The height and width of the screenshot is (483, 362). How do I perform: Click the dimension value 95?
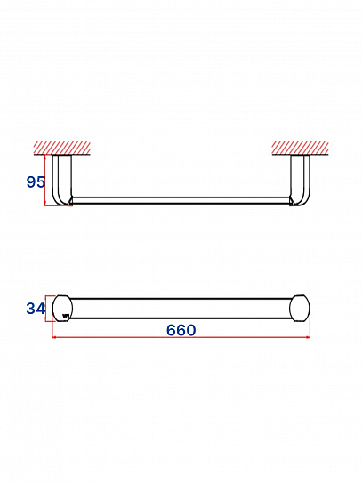pyautogui.click(x=36, y=181)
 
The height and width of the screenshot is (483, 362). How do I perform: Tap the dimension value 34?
pyautogui.click(x=36, y=309)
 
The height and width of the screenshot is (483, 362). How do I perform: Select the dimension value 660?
pyautogui.click(x=181, y=330)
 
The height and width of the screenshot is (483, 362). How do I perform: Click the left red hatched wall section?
pyautogui.click(x=62, y=148)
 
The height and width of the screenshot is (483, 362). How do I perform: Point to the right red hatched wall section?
pyautogui.click(x=301, y=148)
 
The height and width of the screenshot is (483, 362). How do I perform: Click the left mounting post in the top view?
pyautogui.click(x=61, y=180)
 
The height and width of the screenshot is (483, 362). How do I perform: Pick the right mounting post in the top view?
pyautogui.click(x=301, y=180)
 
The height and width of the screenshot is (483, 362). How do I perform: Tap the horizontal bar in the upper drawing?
pyautogui.click(x=181, y=200)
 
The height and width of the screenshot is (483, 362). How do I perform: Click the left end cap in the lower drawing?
pyautogui.click(x=62, y=308)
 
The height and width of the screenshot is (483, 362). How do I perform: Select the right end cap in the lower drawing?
pyautogui.click(x=300, y=308)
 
